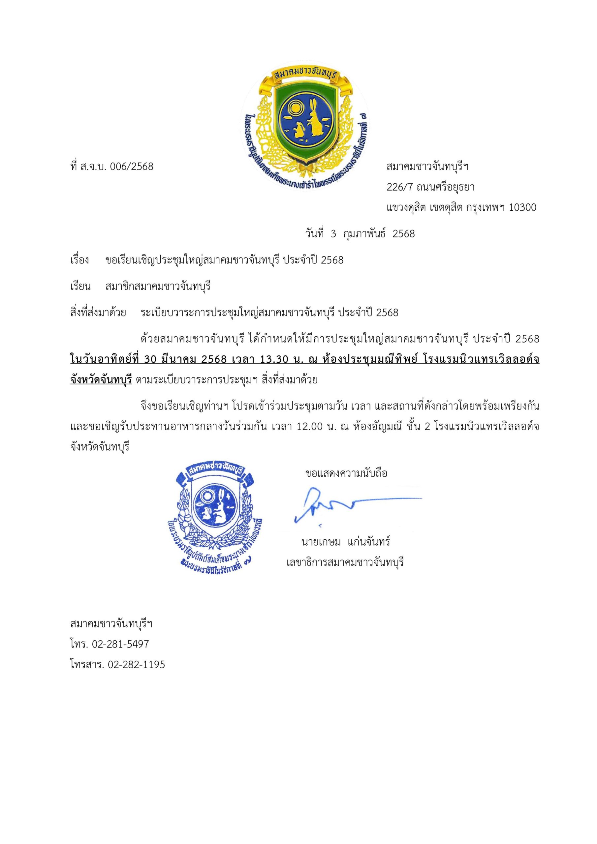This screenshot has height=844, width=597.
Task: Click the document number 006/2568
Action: pos(132,166)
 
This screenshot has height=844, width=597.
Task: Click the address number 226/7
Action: pos(400,188)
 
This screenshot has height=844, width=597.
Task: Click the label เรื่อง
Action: pos(79,260)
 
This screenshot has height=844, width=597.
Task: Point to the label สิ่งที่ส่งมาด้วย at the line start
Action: pos(98,313)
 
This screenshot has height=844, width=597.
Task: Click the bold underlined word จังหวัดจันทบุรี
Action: pos(101,380)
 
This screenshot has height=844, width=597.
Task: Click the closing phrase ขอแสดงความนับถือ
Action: pos(346,473)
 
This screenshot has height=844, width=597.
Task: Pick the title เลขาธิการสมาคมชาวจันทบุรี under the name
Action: pos(345,562)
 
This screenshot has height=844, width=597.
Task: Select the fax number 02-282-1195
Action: pos(137,665)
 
